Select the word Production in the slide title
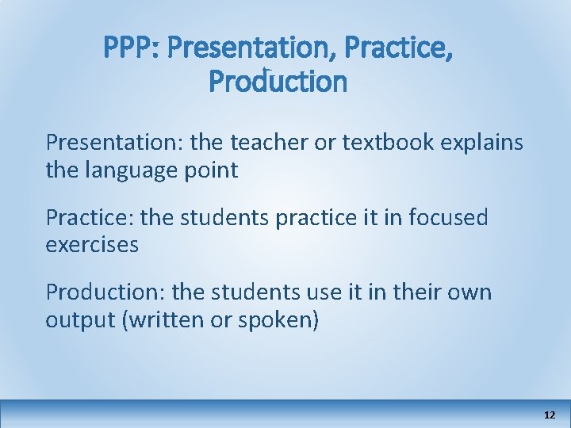278,81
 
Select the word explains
484,143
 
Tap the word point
211,170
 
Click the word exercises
92,244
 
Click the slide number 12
550,415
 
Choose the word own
470,292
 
